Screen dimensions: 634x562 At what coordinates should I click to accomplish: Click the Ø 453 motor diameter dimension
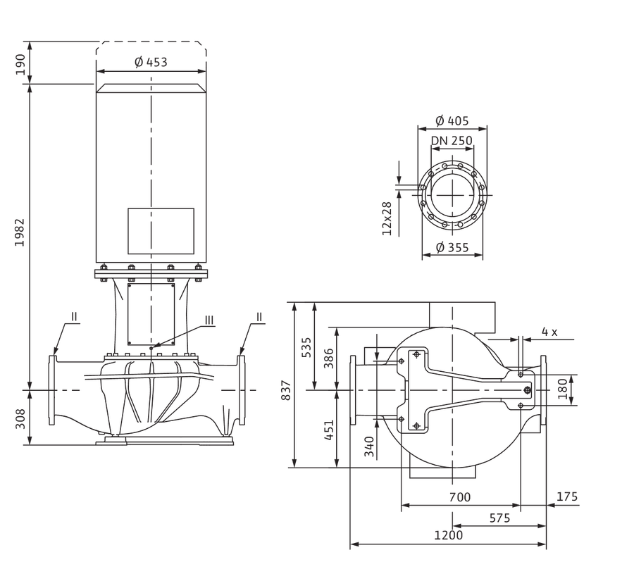point(151,62)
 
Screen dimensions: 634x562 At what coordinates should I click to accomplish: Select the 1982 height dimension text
point(20,232)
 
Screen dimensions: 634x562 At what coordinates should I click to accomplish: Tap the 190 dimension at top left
point(20,64)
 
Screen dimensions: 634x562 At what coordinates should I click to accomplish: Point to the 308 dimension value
point(20,418)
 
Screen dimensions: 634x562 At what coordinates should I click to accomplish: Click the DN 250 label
point(452,140)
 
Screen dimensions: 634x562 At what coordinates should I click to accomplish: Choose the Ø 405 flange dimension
point(452,120)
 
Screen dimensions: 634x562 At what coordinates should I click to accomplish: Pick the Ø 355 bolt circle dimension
point(452,247)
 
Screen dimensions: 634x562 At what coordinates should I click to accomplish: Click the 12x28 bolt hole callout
point(387,218)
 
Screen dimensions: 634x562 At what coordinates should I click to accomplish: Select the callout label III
point(209,320)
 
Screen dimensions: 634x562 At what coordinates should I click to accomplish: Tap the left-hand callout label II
point(74,316)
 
